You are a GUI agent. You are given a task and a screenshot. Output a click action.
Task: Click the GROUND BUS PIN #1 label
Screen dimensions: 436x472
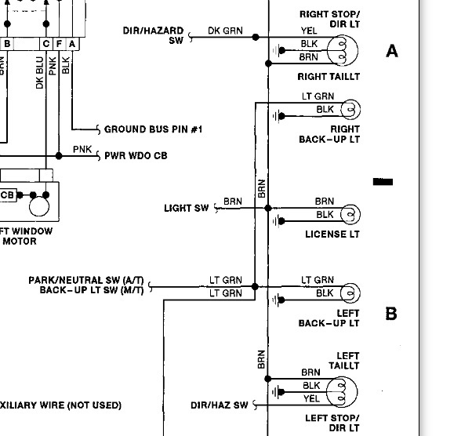(153, 129)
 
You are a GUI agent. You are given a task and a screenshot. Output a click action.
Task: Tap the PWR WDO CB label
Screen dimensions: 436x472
(136, 155)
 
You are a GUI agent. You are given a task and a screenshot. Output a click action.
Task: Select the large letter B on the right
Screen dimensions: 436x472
(391, 314)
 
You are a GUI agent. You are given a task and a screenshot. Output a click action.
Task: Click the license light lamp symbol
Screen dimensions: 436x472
(350, 213)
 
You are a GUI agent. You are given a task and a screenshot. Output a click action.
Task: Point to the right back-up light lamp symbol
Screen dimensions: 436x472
(350, 108)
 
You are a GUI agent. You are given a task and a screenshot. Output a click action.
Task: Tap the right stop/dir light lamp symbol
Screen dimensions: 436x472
(345, 51)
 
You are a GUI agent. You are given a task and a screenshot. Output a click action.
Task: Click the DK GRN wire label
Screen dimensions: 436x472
(225, 31)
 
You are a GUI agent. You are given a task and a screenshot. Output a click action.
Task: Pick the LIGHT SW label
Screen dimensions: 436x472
(187, 208)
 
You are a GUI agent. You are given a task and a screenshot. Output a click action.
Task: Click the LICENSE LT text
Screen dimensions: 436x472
(332, 234)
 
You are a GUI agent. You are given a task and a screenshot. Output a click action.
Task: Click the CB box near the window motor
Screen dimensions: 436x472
(8, 194)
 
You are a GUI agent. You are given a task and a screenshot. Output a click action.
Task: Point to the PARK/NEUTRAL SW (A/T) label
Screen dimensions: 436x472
(85, 280)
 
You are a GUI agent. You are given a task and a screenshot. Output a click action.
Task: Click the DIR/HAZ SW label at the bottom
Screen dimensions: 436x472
(219, 405)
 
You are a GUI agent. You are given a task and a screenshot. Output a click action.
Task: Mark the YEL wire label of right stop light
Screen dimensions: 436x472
(309, 31)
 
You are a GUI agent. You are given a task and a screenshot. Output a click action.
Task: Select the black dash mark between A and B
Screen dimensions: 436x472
(383, 182)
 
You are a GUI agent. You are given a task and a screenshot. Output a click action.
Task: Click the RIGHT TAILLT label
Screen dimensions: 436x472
(329, 77)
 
